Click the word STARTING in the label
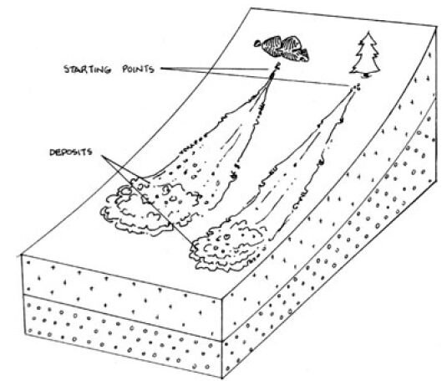[87, 70]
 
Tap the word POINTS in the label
[138, 70]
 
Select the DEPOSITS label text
[71, 152]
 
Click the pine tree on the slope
[365, 54]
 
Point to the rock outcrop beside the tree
[282, 48]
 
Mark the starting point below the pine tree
[355, 86]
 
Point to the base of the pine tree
[366, 76]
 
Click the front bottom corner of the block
[221, 378]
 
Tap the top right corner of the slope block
[437, 26]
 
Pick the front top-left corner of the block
[23, 255]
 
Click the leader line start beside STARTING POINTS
[161, 69]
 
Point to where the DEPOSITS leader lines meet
[103, 156]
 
